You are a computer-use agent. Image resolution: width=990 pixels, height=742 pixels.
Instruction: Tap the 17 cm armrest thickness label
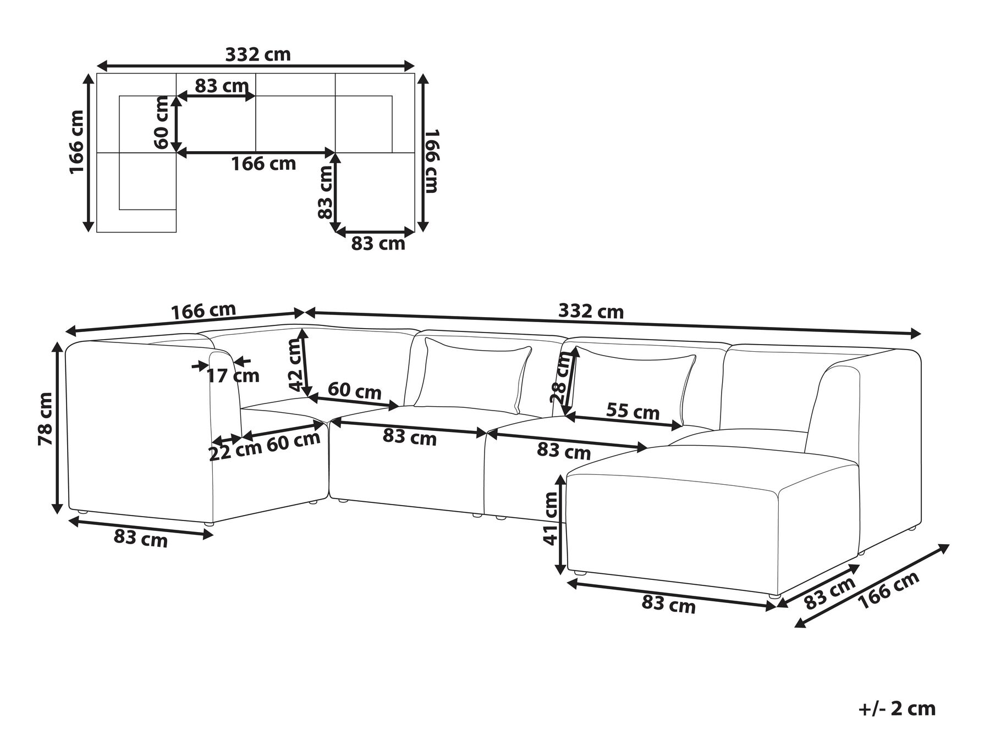(233, 376)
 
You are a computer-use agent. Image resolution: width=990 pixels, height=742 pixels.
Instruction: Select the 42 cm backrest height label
(295, 364)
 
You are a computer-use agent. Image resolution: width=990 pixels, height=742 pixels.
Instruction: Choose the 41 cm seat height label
(551, 518)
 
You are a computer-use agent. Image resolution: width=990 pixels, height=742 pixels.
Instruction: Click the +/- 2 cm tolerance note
(897, 708)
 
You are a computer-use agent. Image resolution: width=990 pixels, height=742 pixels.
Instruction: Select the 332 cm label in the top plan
(258, 54)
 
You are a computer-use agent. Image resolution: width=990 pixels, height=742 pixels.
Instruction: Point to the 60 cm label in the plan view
(162, 122)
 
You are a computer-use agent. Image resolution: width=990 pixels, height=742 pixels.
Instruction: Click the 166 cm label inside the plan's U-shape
(263, 163)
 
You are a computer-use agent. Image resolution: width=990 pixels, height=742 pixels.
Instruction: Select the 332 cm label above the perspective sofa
(591, 312)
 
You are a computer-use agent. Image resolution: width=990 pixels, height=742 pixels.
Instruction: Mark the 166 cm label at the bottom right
(888, 590)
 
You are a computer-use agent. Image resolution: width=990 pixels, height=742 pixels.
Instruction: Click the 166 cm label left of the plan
(77, 142)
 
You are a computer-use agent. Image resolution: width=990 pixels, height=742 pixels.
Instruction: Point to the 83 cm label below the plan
(378, 243)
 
